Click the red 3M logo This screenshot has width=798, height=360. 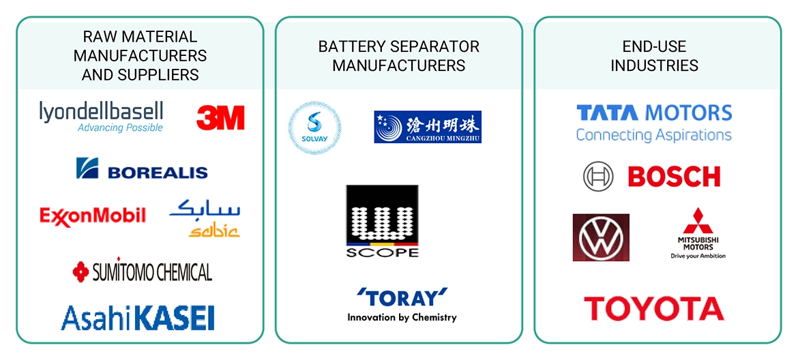click(x=220, y=118)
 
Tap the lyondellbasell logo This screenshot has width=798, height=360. click(x=102, y=116)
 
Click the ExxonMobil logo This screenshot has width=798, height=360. click(x=93, y=216)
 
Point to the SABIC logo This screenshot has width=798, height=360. click(x=205, y=218)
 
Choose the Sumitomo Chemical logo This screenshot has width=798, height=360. click(x=142, y=272)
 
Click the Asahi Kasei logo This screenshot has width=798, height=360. click(x=138, y=318)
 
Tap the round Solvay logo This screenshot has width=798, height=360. click(x=314, y=128)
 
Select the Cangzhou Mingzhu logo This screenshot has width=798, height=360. click(x=428, y=127)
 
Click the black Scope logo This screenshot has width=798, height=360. click(x=382, y=221)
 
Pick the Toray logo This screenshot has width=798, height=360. click(x=402, y=298)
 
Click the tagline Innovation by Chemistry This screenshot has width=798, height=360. click(x=402, y=317)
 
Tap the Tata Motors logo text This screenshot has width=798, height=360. click(x=654, y=112)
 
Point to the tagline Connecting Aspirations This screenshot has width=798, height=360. click(x=653, y=135)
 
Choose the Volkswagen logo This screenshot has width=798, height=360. click(x=601, y=237)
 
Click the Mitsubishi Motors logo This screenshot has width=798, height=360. click(x=697, y=233)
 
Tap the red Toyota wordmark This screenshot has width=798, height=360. click(x=653, y=309)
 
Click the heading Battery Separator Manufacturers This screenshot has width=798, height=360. click(x=399, y=56)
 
